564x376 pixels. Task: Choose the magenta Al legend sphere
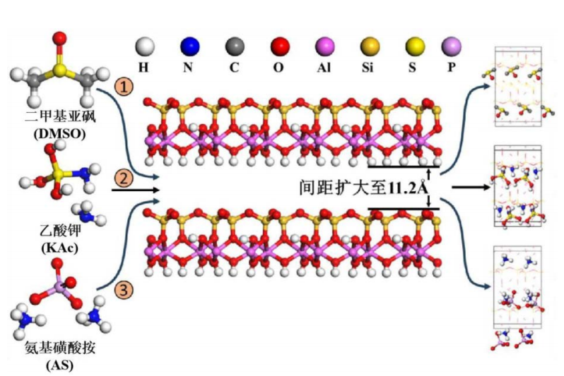click(x=324, y=47)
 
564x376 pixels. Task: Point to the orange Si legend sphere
click(x=370, y=47)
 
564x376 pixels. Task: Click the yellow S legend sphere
click(x=414, y=47)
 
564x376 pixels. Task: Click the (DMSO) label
click(x=60, y=131)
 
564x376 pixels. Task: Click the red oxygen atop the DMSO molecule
click(x=61, y=36)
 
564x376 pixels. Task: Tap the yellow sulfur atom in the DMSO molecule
click(x=61, y=68)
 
